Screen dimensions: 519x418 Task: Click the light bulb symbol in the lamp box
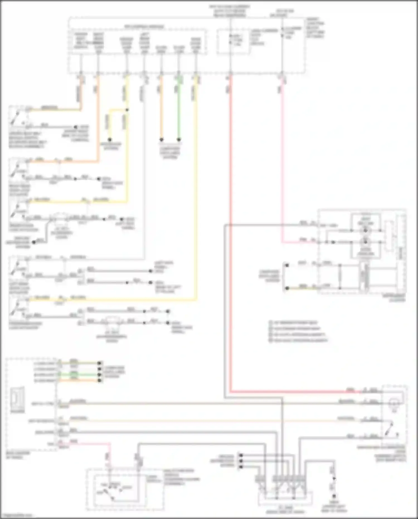[x=393, y=404]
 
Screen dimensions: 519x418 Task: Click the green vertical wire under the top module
[x=179, y=112]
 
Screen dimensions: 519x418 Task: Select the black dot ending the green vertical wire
[x=179, y=139]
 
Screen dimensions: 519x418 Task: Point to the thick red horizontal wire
[x=293, y=392]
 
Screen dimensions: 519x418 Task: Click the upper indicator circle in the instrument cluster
[x=365, y=231]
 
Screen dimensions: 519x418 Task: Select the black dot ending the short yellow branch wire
[x=110, y=139]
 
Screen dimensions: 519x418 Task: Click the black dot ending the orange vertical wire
[x=161, y=139]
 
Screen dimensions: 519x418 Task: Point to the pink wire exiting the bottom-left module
[x=89, y=443]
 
